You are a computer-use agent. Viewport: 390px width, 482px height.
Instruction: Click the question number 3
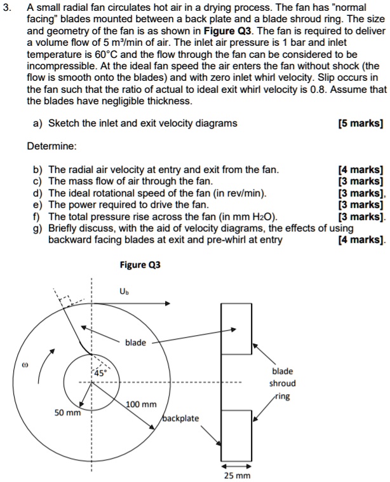[7, 6]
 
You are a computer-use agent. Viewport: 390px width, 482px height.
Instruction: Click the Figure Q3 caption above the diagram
[140, 265]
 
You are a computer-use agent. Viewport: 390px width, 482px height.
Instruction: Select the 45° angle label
[100, 373]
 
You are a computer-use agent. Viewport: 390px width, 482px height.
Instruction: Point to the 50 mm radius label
[67, 413]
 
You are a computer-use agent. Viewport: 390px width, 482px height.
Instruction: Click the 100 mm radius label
[141, 404]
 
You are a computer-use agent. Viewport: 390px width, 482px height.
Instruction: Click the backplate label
[181, 418]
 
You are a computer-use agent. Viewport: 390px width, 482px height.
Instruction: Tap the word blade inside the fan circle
[135, 343]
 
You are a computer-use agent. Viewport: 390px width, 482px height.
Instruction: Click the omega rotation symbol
[25, 366]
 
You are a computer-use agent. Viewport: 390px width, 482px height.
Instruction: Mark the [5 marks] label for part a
[361, 123]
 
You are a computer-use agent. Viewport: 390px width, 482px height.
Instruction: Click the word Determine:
[52, 146]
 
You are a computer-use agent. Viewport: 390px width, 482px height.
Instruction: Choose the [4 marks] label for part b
[361, 170]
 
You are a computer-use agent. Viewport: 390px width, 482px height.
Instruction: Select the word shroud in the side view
[283, 383]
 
